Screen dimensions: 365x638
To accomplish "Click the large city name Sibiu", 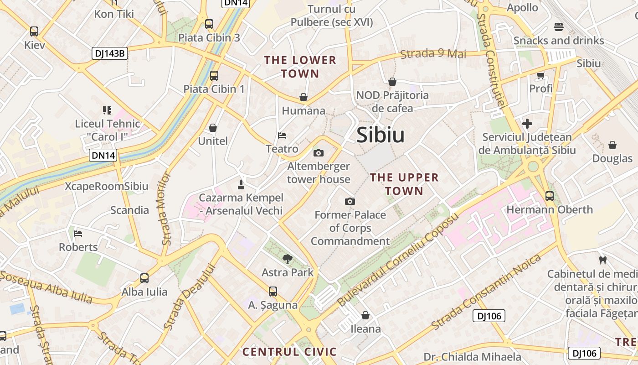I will coord(381,135).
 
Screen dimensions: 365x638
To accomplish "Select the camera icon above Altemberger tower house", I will coord(319,153).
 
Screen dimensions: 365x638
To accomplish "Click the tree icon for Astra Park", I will coord(288,259).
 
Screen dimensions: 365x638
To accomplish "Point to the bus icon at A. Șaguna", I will coord(273,291).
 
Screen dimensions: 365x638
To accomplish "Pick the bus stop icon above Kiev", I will coord(34,31).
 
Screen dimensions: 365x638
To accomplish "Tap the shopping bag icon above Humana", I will coord(304,97).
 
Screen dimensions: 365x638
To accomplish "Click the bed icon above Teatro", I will coord(282,136).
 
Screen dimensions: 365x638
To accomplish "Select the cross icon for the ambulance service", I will coord(527,123).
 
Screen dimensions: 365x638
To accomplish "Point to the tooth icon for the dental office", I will coord(602,260).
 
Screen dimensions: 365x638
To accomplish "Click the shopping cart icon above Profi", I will coord(541,75).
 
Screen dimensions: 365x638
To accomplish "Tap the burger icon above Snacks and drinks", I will coord(559,27).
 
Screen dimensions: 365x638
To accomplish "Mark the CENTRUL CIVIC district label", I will coord(289,352).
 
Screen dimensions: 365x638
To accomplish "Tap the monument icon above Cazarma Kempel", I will coord(241,184).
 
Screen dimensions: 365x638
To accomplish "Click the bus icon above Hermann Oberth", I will coord(550,196).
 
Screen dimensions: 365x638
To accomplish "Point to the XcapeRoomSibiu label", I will coord(107,186).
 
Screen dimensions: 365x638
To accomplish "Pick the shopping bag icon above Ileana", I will coord(365,315).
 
